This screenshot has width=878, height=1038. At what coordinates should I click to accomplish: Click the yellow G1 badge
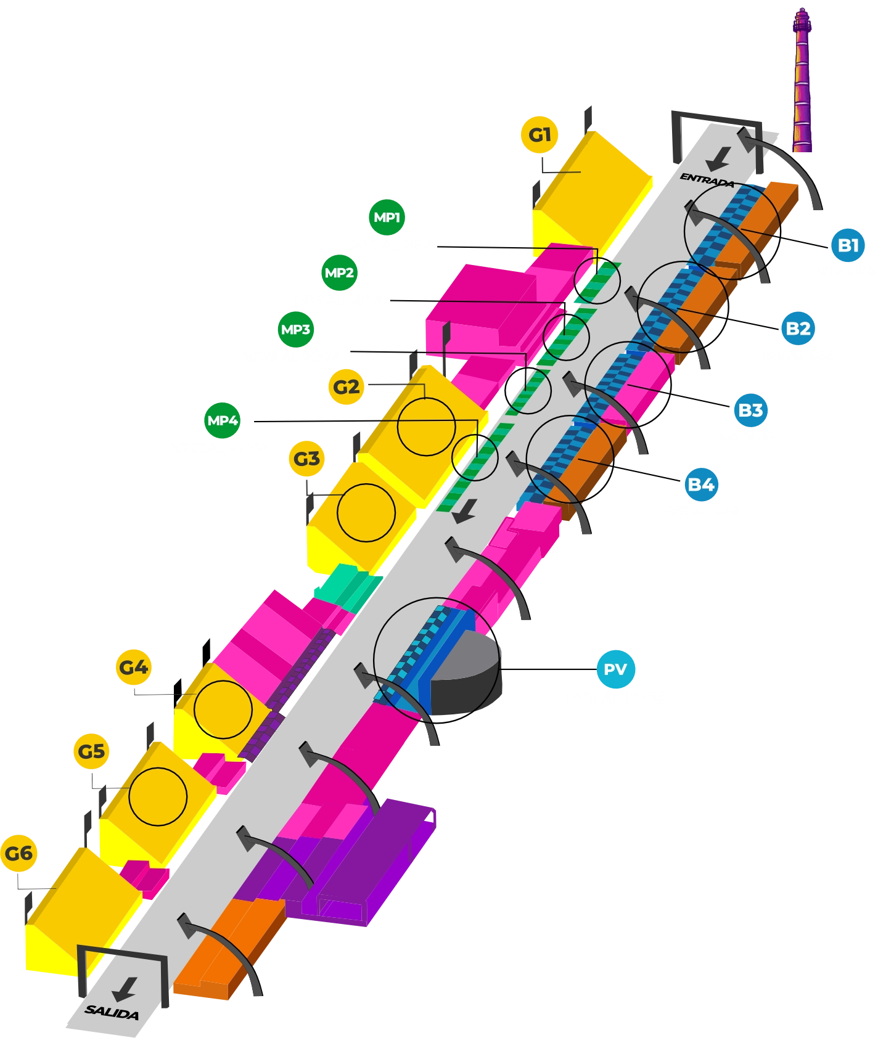click(540, 134)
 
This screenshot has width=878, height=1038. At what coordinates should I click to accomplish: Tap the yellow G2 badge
click(346, 387)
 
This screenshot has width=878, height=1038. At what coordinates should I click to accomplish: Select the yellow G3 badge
click(306, 459)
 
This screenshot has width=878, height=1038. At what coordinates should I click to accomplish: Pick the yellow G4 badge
click(133, 667)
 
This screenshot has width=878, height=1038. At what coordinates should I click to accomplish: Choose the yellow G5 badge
click(91, 751)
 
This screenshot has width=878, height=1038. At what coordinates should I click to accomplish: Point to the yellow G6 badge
click(18, 853)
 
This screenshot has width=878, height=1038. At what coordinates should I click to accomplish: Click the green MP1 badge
click(387, 217)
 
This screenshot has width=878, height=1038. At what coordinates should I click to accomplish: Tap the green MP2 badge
click(339, 272)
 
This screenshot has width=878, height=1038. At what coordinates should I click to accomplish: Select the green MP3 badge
click(295, 329)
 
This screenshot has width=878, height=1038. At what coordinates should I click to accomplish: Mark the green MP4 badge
click(222, 420)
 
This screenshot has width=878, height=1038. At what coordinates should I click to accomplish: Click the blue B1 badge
click(848, 245)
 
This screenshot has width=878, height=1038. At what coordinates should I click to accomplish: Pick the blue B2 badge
click(798, 328)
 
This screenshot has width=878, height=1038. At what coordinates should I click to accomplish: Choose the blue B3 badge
click(750, 410)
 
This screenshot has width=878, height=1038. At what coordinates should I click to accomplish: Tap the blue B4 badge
click(701, 484)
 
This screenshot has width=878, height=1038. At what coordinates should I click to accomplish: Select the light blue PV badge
click(615, 669)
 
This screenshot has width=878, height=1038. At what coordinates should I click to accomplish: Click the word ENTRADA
click(707, 179)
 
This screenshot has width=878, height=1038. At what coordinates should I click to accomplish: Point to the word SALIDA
click(112, 1011)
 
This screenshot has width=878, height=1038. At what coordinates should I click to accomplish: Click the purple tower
click(802, 80)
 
